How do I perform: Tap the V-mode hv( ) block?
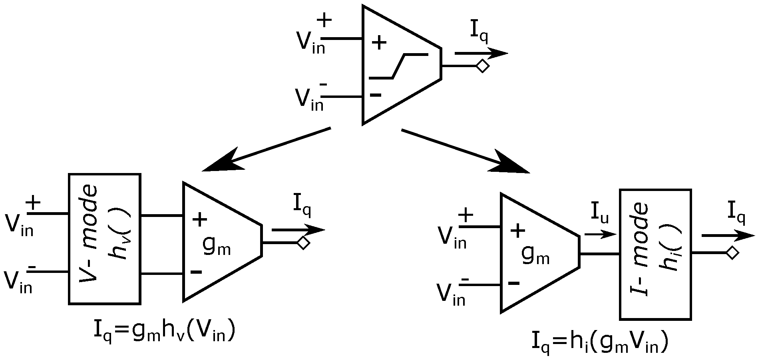[104, 239]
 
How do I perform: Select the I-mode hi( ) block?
[655, 255]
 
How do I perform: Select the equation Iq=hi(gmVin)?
[599, 343]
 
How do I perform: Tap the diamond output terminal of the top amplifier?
[483, 66]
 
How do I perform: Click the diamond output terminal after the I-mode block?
[732, 253]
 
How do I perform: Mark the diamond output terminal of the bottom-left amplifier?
[304, 243]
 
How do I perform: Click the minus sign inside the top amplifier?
[376, 95]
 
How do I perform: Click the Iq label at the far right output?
[736, 212]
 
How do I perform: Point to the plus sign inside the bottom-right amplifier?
[517, 231]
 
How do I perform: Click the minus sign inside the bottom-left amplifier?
[196, 272]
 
